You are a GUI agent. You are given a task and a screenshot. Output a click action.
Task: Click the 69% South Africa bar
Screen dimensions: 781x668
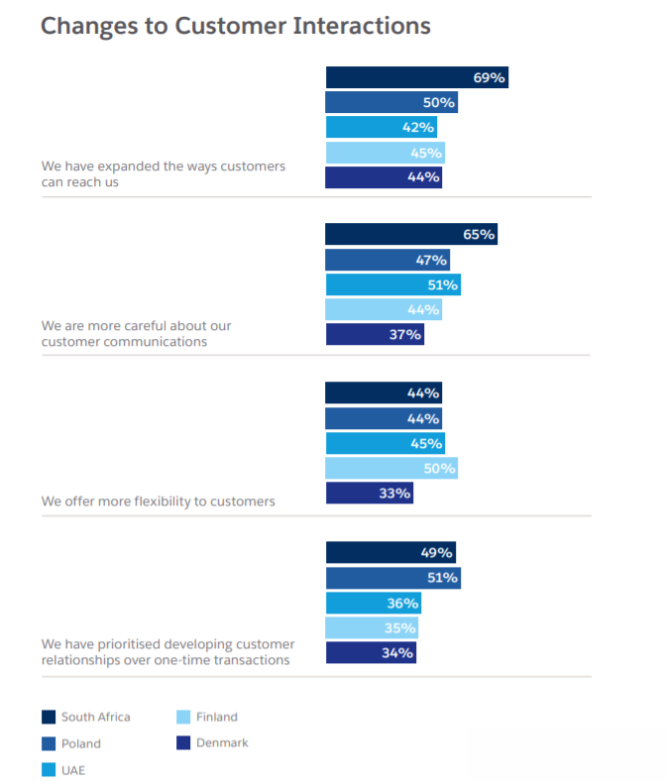coord(416,77)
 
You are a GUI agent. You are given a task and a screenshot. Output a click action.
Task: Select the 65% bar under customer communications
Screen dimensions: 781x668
coord(410,235)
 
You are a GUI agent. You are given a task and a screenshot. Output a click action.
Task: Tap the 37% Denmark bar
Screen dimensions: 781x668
coord(374,335)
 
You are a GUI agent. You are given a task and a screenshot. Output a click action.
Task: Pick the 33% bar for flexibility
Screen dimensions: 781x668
coord(369,493)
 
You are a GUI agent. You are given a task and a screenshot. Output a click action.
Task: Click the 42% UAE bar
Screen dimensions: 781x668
coord(381,127)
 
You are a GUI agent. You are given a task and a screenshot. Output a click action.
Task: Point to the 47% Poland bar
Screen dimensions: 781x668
coord(387,260)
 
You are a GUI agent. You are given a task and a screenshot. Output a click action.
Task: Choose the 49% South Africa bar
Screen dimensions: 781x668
coord(390,552)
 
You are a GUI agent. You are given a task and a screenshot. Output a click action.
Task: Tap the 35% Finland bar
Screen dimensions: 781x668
coord(372,627)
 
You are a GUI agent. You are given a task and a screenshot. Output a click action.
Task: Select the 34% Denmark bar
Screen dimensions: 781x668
coord(371,652)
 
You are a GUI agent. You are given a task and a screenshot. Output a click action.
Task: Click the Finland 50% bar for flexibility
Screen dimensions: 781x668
coord(391,468)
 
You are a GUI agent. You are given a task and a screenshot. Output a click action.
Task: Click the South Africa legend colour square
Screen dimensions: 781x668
coord(49,717)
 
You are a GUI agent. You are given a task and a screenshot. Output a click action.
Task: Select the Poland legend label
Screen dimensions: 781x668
coord(80,743)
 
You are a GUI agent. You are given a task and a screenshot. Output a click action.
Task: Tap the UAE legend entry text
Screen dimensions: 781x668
coord(73,769)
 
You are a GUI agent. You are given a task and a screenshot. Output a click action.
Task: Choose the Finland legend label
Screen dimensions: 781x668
coord(216,717)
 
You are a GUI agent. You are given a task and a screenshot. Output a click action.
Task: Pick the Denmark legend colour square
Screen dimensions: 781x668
coord(183,742)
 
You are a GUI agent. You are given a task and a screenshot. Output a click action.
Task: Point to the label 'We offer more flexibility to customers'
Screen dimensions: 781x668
coord(158,502)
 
